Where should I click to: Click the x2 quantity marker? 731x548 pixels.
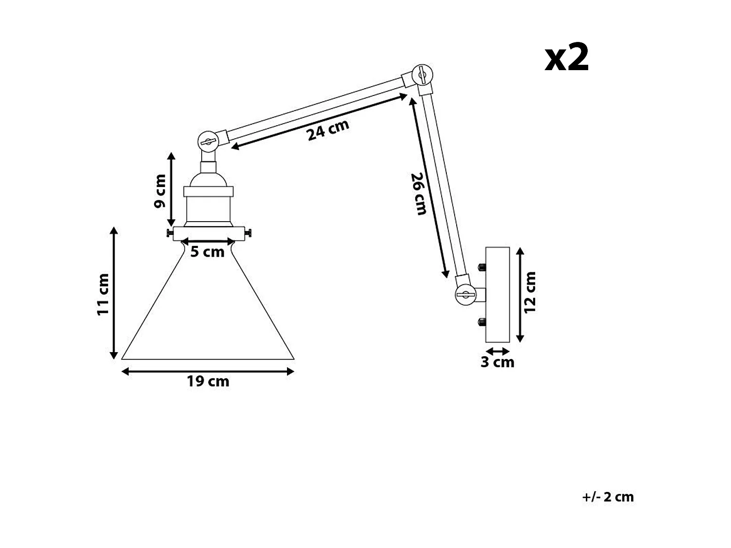[x=567, y=58]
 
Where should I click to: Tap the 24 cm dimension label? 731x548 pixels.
[x=328, y=130]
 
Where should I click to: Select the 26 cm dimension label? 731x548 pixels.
[x=418, y=193]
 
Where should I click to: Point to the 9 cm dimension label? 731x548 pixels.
[x=160, y=191]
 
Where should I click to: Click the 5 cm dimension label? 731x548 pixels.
[x=208, y=252]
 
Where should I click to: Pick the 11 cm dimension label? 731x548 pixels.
[x=103, y=294]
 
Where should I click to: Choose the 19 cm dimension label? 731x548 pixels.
[x=208, y=381]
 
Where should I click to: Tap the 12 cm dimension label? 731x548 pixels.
[x=530, y=292]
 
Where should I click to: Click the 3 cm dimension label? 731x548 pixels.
[x=497, y=362]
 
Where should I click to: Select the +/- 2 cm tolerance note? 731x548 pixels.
[x=608, y=497]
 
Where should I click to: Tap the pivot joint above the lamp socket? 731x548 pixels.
[x=207, y=141]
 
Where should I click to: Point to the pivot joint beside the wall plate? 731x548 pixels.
[x=465, y=294]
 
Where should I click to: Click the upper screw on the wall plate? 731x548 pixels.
[x=481, y=267]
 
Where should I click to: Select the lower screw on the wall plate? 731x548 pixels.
[x=481, y=322]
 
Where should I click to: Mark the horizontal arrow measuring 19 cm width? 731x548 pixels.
[x=208, y=372]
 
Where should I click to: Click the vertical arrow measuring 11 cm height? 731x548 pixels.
[x=115, y=293]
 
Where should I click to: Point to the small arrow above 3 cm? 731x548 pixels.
[x=498, y=351]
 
